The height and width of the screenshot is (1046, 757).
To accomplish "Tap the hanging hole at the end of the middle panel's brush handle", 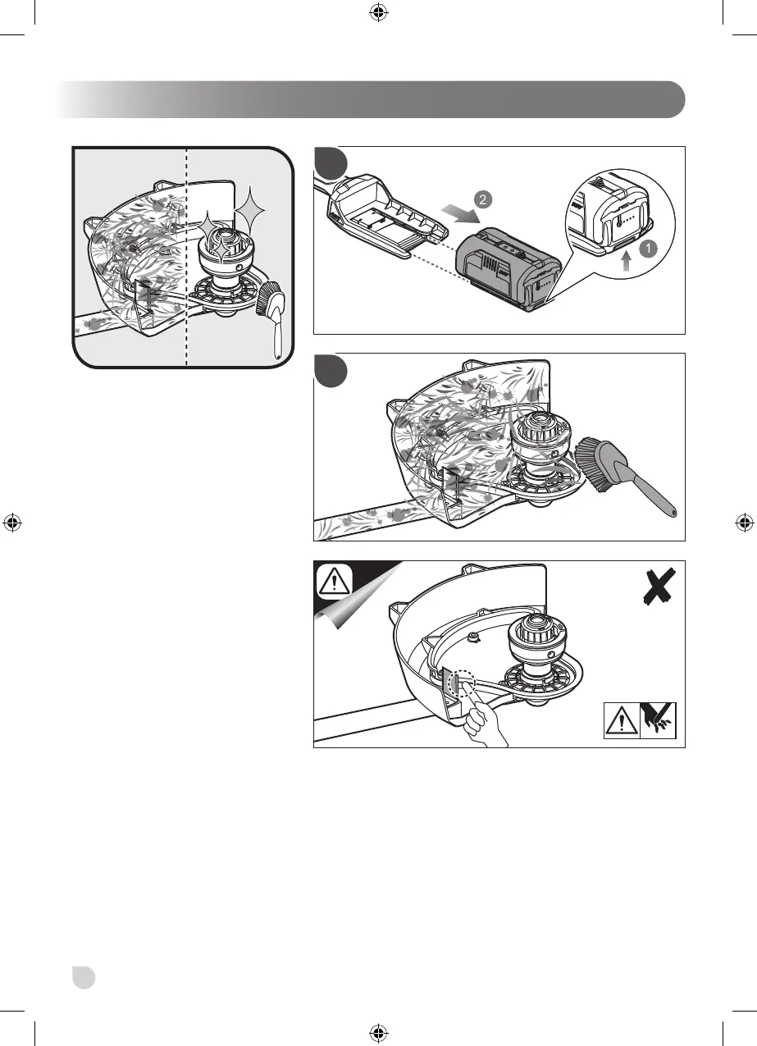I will tap(673, 513).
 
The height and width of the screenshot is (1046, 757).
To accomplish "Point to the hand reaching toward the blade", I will tap(484, 722).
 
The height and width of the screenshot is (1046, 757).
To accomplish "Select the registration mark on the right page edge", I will tap(744, 523).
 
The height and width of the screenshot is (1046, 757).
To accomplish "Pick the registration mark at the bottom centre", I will tap(378, 1032).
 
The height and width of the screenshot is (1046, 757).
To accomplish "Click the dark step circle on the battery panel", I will tap(331, 163).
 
